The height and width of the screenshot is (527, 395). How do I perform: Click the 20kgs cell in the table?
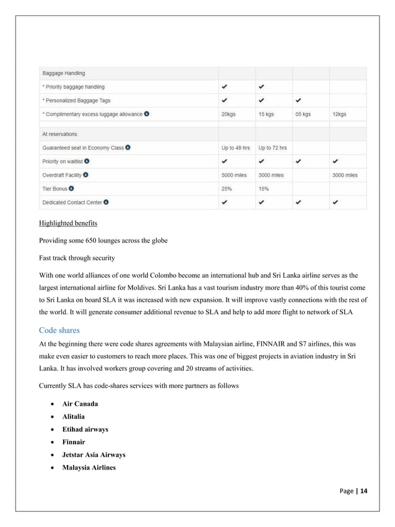[227, 114]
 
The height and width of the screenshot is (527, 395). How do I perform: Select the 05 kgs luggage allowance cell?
[302, 114]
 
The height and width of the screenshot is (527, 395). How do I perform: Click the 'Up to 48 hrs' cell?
[235, 148]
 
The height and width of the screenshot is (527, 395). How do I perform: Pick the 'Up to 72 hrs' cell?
[272, 148]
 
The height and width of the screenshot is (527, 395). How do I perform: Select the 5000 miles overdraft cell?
[235, 175]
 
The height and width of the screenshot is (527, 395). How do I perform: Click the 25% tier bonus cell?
[227, 189]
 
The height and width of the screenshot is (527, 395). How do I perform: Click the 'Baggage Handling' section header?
[63, 73]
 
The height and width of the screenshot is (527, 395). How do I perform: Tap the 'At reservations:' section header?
[61, 134]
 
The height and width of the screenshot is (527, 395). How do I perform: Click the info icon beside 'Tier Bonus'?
[72, 189]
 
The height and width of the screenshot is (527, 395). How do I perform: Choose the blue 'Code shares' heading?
[60, 330]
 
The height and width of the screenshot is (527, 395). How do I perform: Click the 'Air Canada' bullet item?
[80, 404]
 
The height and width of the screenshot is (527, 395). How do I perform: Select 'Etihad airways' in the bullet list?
[85, 429]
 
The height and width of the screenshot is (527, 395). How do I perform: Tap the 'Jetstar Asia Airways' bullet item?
[93, 455]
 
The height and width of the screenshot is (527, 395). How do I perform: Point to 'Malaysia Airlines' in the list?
[89, 467]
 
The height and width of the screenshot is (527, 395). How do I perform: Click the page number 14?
[363, 491]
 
